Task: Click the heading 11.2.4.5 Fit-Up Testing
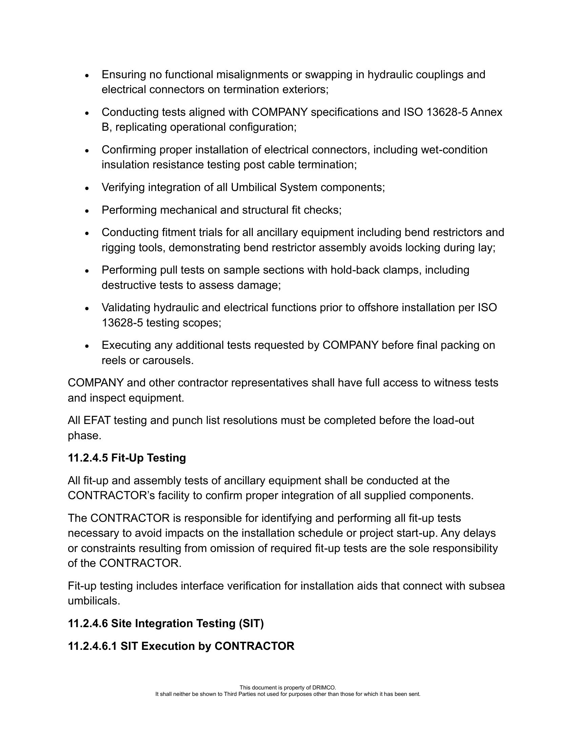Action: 127,458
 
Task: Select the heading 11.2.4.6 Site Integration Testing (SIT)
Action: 165,623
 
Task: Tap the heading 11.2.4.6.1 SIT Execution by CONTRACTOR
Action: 181,646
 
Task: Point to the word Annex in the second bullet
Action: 486,112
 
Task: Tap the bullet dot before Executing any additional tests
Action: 87,346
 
